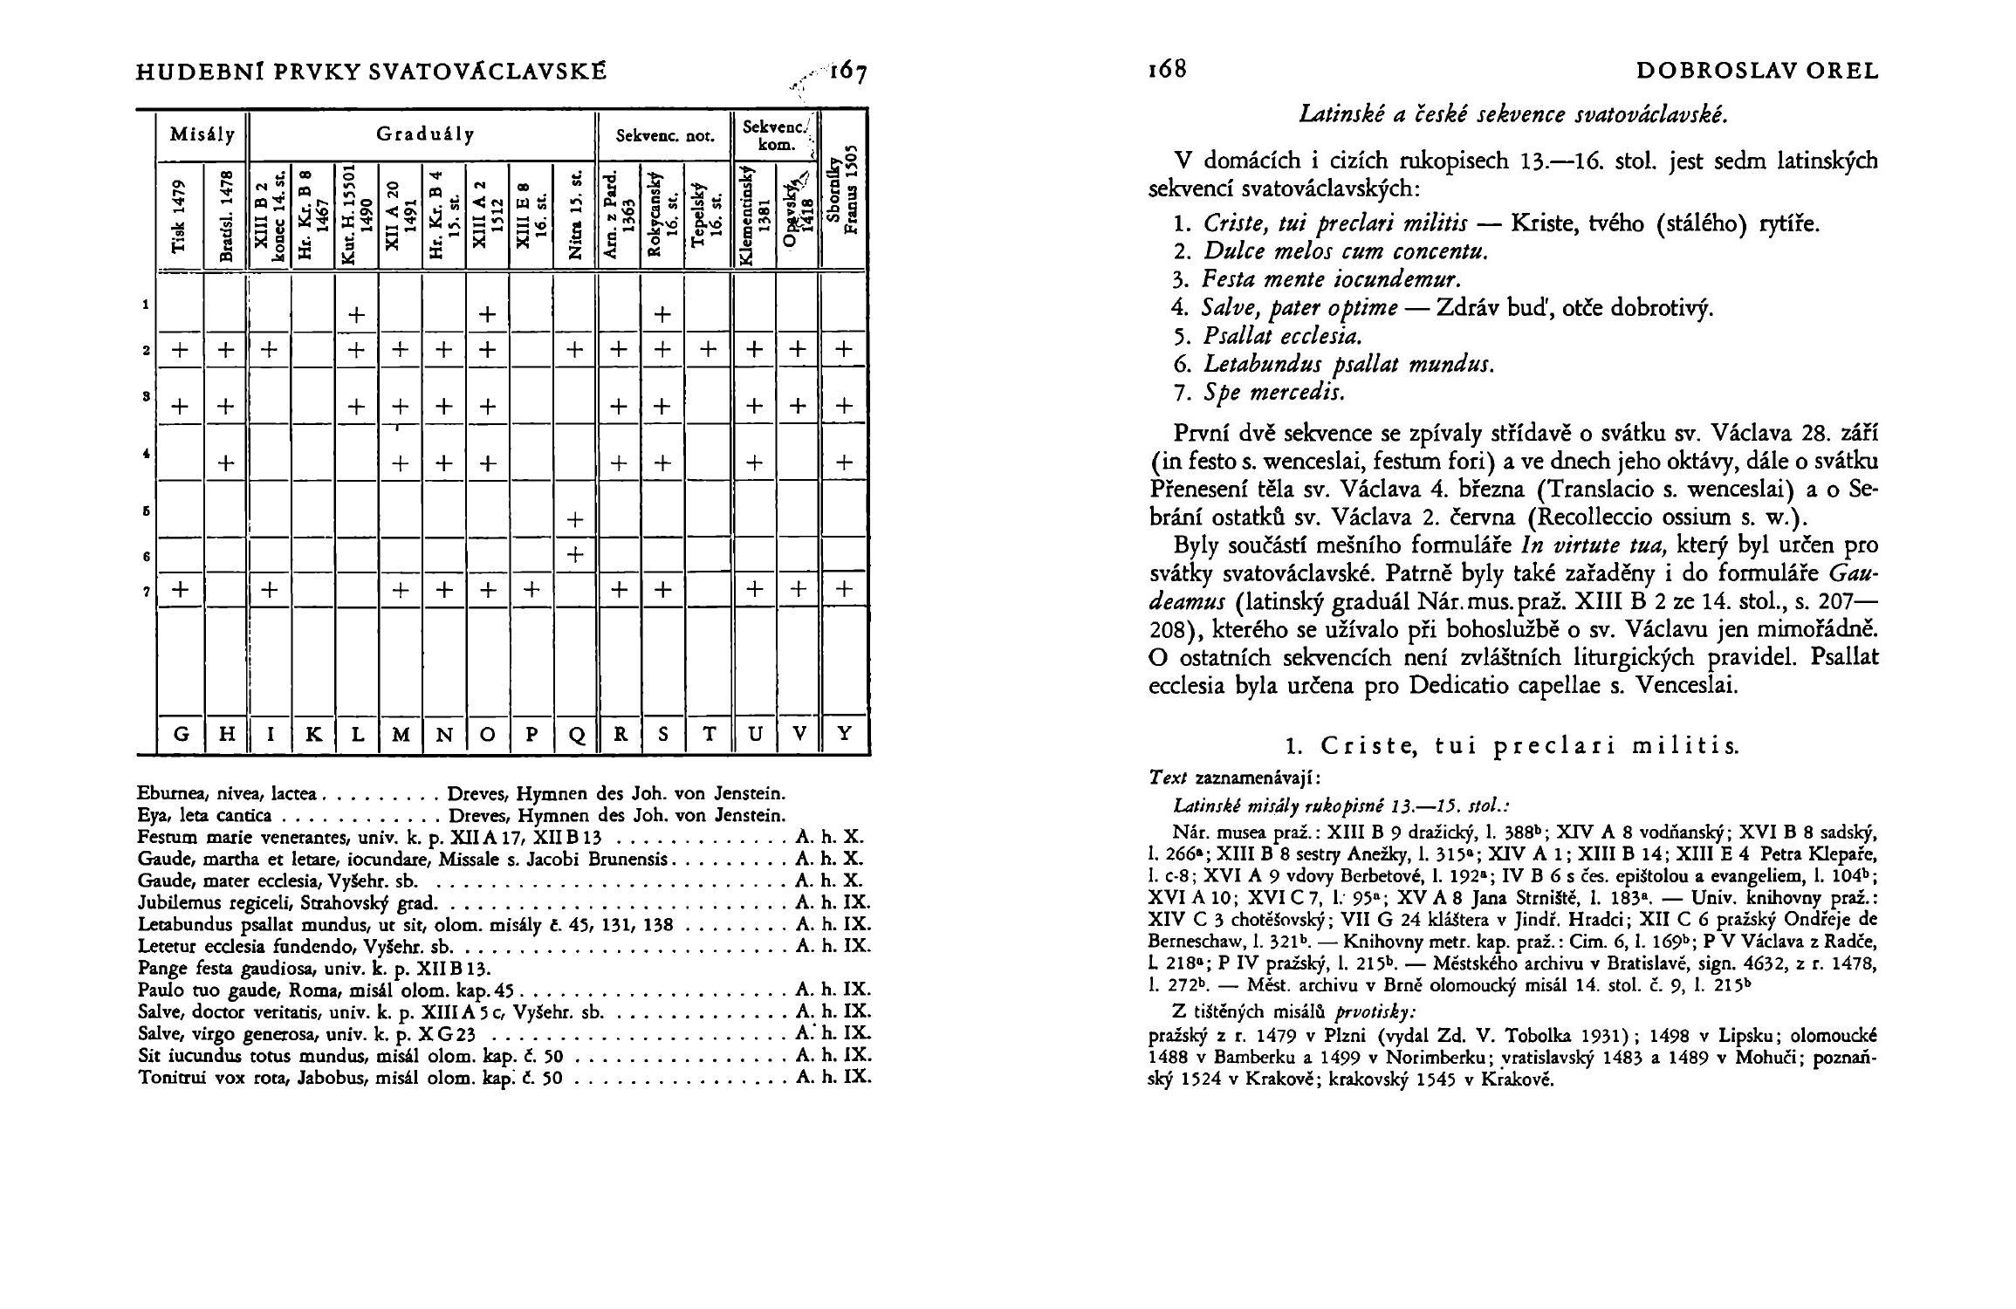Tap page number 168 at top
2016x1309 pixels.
point(1169,70)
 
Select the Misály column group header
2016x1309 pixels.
point(202,134)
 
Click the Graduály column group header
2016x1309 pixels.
point(425,134)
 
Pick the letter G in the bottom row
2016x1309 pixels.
point(181,735)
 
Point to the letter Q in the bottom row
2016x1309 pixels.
point(575,735)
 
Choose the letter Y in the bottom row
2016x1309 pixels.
point(844,735)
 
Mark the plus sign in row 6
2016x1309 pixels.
point(574,554)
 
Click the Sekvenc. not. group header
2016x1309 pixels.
point(665,136)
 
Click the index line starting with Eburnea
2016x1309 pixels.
point(462,794)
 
